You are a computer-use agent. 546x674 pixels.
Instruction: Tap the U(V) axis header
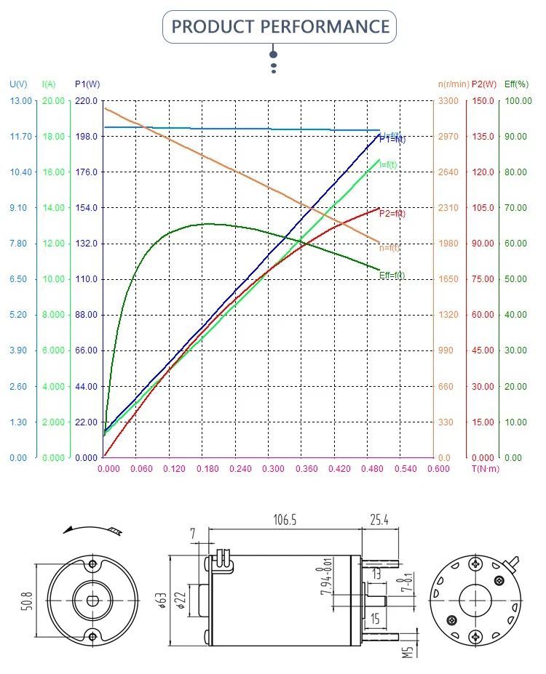pos(18,84)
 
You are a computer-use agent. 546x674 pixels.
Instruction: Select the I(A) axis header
pos(50,84)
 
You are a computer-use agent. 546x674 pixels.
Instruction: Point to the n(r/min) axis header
pos(454,84)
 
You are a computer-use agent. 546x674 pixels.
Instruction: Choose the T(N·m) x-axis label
pos(485,469)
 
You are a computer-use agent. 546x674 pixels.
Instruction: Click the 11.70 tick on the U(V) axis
pos(21,137)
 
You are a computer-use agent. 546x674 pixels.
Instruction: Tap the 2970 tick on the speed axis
pos(446,137)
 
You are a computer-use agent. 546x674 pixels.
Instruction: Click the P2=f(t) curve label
pos(392,214)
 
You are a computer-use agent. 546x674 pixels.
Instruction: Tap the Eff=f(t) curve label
pos(392,276)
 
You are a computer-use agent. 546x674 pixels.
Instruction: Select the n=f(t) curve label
pos(389,248)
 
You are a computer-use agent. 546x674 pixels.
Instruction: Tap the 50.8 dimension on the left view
pos(27,600)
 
